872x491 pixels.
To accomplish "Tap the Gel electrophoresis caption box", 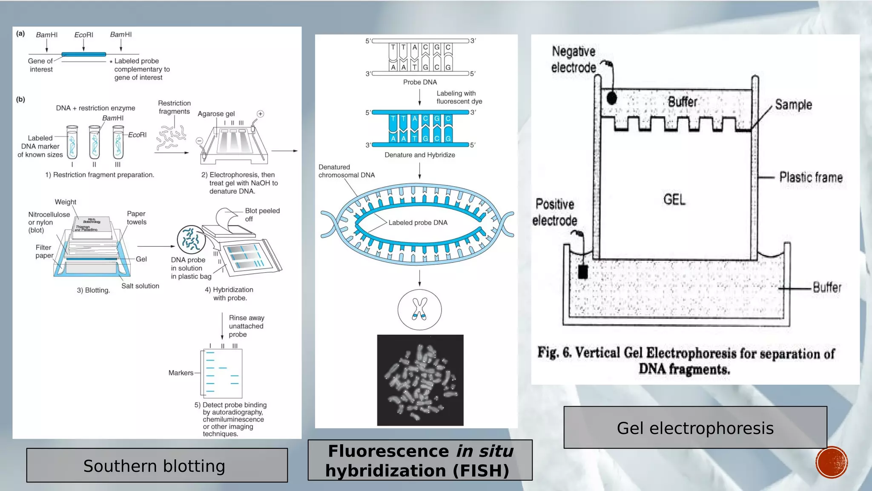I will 695,427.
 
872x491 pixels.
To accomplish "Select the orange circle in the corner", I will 831,462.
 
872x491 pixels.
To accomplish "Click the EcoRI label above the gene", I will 83,35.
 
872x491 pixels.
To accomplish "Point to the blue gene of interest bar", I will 83,54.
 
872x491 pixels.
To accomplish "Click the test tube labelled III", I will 118,142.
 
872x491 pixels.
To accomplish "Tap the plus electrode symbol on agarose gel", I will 260,114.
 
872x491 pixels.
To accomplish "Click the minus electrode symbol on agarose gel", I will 199,141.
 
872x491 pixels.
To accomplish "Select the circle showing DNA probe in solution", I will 191,240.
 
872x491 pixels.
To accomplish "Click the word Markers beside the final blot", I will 181,373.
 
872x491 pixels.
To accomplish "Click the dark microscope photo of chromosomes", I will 420,380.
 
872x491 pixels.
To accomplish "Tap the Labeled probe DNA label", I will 418,222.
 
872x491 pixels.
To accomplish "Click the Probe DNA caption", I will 420,82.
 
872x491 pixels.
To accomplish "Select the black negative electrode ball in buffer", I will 611,98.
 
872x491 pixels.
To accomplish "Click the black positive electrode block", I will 583,271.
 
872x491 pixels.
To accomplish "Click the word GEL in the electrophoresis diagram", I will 674,199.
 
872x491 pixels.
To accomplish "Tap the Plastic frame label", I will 811,177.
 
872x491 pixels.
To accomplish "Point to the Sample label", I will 793,105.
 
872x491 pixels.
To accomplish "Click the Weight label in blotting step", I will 65,202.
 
